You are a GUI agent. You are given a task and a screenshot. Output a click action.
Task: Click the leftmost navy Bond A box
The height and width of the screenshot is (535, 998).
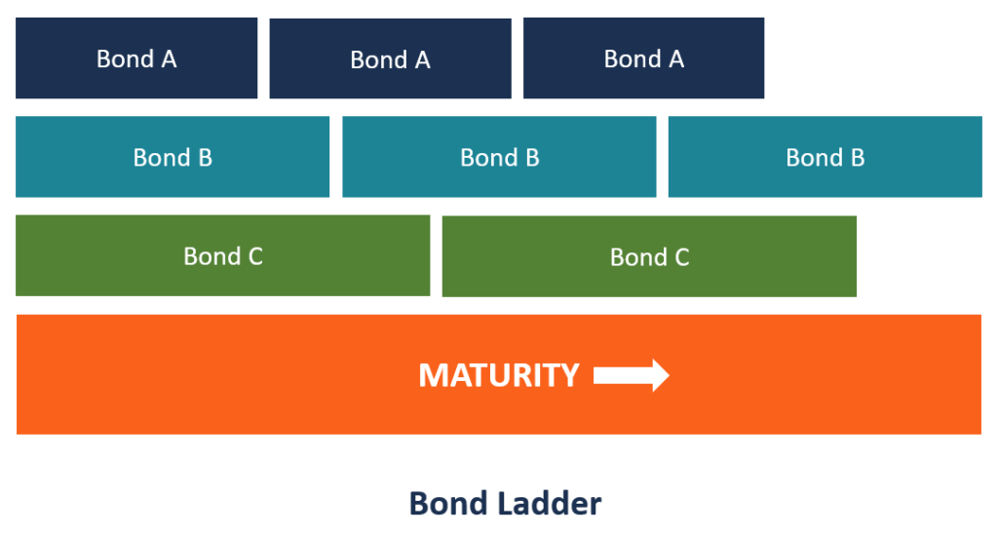tap(136, 58)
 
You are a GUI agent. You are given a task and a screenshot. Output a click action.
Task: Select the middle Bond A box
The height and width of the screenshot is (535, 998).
tap(390, 58)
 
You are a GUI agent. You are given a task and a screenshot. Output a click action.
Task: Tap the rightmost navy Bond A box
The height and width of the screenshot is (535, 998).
tap(643, 58)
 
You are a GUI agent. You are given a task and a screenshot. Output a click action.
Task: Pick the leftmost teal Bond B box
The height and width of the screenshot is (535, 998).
tap(173, 157)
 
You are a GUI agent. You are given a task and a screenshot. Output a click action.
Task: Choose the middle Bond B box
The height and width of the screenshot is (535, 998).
tap(499, 157)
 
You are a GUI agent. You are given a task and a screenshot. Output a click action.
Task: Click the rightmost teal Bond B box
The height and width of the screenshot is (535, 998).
tap(825, 157)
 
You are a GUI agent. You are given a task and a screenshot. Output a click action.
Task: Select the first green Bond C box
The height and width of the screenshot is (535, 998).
tap(222, 255)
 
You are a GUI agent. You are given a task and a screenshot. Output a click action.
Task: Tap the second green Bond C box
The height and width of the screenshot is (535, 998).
tap(649, 256)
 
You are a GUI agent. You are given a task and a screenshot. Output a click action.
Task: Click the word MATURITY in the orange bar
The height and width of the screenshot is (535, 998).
tap(499, 375)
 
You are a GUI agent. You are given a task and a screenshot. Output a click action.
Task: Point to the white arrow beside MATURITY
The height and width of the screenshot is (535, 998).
tap(631, 375)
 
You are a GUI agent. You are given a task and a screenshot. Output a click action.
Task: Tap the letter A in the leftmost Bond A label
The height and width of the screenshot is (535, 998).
tap(169, 59)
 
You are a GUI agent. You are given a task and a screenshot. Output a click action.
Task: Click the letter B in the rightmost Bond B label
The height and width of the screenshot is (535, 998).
tap(857, 158)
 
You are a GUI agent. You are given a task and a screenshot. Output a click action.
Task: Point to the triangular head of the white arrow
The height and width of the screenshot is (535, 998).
tap(660, 375)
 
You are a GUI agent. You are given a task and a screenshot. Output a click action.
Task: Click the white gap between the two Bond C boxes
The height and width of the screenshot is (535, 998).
tap(436, 256)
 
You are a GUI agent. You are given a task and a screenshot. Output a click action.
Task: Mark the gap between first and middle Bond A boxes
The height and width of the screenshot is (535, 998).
tap(263, 58)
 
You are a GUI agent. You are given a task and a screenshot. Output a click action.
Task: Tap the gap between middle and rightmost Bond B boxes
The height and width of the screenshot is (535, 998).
tap(662, 157)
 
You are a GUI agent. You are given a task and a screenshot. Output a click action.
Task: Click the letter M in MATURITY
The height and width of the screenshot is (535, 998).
tap(432, 375)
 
